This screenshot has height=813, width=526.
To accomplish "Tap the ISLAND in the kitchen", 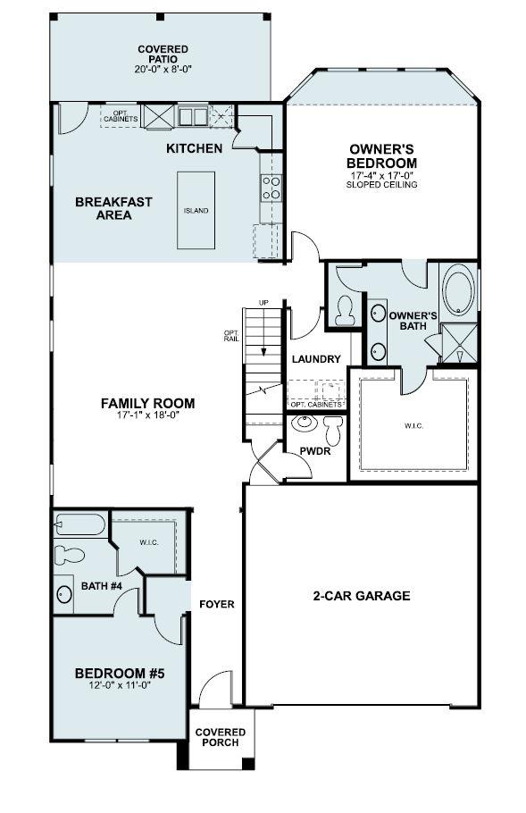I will tap(196, 211).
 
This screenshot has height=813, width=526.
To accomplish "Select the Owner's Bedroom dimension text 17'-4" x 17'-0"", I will tap(383, 175).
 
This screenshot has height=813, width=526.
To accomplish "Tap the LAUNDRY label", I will tap(316, 359).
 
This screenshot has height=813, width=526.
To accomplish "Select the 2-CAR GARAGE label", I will tap(362, 596).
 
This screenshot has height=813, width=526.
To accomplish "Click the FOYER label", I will tap(217, 605).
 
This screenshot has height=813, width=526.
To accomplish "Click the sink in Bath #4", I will tap(64, 594).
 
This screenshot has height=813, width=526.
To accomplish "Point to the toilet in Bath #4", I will tap(70, 555).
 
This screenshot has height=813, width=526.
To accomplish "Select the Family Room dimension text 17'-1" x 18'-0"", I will tap(147, 415).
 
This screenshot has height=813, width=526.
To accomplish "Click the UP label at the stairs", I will tap(263, 303).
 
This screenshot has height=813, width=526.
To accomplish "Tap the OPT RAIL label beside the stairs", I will tap(231, 337).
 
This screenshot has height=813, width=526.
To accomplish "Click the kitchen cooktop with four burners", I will tap(271, 187).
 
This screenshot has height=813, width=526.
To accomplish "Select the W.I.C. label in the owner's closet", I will tap(413, 425).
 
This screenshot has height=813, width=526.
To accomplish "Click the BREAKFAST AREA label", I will tap(113, 208).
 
